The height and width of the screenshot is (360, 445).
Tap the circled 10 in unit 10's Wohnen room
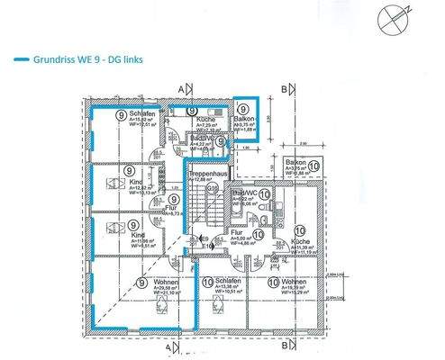click(x=272, y=282)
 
